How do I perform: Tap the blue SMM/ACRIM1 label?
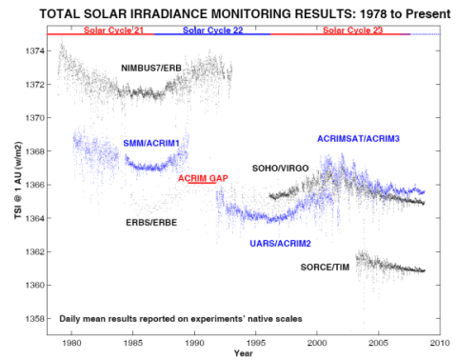point(152,143)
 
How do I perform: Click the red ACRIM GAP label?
point(202,178)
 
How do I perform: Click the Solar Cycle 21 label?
point(110,30)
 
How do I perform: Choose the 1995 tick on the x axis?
point(256,340)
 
